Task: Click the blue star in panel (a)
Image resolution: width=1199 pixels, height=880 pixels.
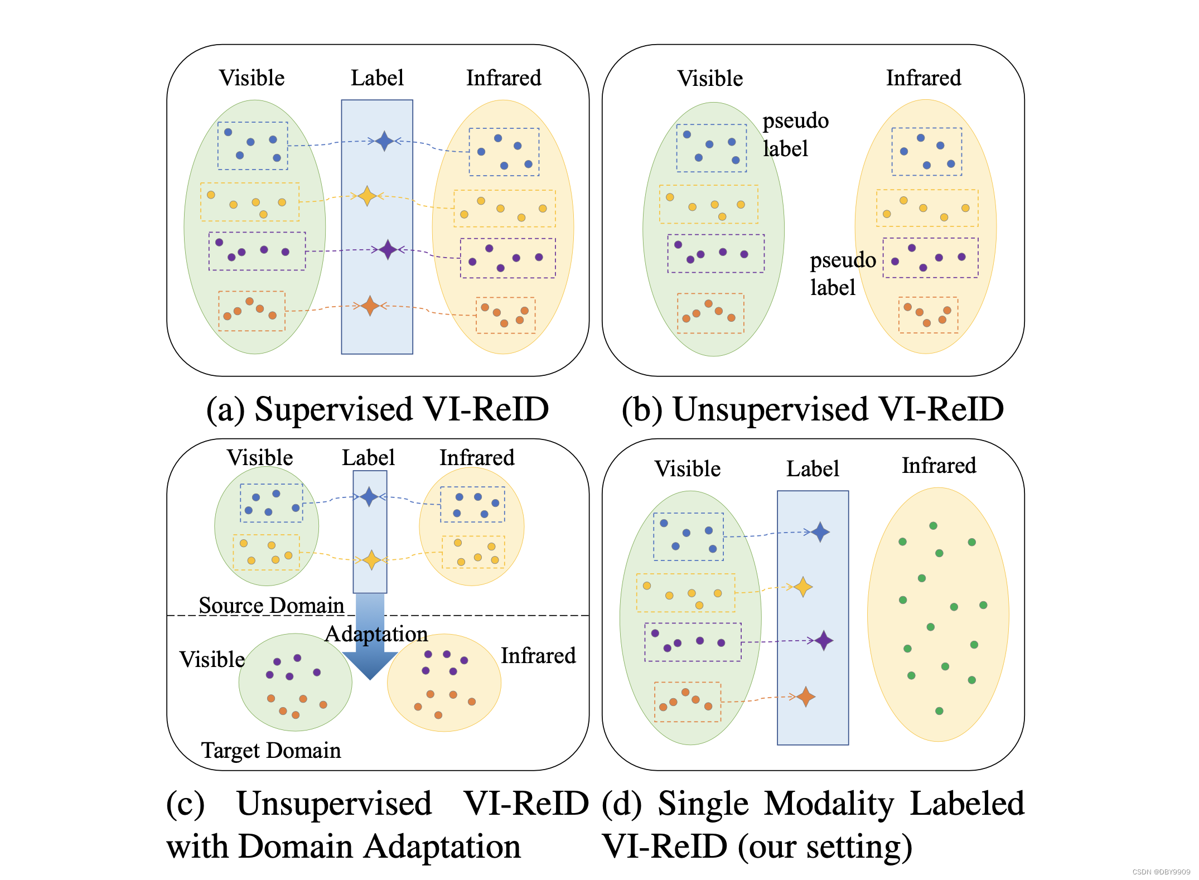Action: tap(384, 141)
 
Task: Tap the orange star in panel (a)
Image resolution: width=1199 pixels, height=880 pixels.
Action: tap(370, 306)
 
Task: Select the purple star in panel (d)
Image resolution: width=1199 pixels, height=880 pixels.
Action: tap(824, 640)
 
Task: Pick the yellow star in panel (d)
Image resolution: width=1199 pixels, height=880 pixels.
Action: tap(802, 587)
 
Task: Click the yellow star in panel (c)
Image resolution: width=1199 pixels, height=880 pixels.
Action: tap(371, 559)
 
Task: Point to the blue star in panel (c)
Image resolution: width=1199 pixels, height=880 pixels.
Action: tap(369, 496)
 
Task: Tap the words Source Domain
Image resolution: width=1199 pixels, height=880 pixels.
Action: tap(272, 605)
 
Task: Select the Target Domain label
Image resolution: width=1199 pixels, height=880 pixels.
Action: tap(271, 750)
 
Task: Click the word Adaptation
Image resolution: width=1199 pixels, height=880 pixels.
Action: tap(376, 634)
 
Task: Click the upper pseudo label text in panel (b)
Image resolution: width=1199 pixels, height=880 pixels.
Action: tap(795, 134)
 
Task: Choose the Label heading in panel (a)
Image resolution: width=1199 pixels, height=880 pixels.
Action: tap(377, 78)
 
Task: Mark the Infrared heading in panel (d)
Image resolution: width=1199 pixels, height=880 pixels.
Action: tap(939, 466)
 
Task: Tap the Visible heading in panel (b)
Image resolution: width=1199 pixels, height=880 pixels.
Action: tap(710, 78)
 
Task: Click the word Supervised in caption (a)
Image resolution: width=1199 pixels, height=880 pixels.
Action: tap(333, 409)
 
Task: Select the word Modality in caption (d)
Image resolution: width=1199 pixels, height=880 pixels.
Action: tap(829, 804)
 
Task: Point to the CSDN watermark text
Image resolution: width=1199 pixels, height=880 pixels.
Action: tap(1161, 872)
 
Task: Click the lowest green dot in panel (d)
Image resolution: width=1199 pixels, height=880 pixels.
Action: tap(939, 711)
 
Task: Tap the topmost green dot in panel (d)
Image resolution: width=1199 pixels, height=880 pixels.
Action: tap(933, 525)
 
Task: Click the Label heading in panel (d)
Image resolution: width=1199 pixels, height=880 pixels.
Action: tap(813, 468)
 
